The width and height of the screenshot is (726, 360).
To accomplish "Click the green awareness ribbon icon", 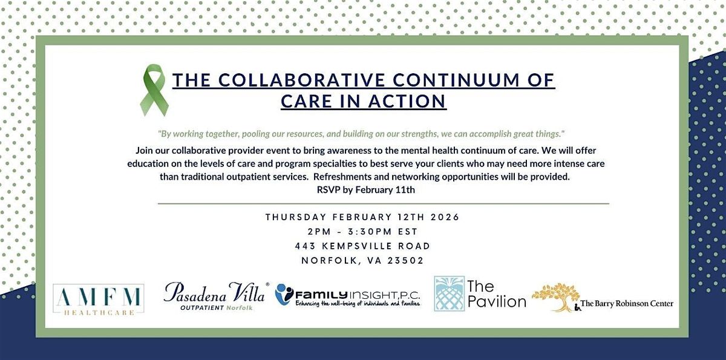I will click(x=154, y=91).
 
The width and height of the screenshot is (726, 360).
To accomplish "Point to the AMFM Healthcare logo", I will click(x=98, y=299).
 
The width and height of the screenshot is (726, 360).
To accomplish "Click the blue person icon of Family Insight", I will click(x=284, y=294).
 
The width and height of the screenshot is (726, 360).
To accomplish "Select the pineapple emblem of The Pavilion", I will click(x=449, y=293).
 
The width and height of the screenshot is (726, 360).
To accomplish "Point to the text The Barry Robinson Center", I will click(x=626, y=304).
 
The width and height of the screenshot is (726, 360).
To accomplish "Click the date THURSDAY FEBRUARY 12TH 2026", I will click(x=362, y=217).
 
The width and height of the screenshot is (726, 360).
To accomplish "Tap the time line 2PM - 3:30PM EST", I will click(x=362, y=232).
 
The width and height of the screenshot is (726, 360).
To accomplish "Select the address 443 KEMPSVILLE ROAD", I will click(x=362, y=246).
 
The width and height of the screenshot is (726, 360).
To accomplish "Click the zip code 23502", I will click(x=404, y=261).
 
